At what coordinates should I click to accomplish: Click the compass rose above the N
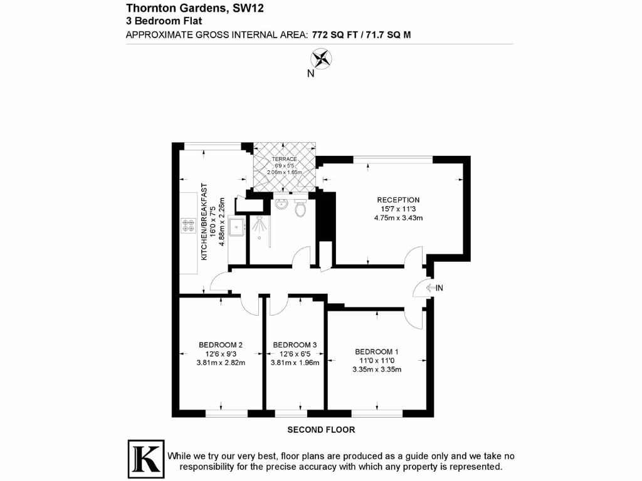[x=321, y=59]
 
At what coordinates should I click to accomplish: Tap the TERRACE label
[x=284, y=159]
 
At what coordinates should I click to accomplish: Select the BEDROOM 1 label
[x=376, y=351]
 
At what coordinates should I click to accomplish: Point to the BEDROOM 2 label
[x=221, y=344]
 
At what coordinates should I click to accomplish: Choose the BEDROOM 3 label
[x=295, y=344]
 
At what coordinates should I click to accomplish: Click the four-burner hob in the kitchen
[x=188, y=225]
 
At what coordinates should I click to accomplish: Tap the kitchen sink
[x=237, y=227]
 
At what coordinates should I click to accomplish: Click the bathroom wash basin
[x=281, y=203]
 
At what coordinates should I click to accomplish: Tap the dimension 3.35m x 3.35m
[x=376, y=370]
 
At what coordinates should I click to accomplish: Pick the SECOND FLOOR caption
[x=321, y=430]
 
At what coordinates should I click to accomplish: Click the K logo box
[x=145, y=459]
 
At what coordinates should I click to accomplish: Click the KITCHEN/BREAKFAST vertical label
[x=203, y=222]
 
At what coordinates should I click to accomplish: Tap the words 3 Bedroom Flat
[x=155, y=21]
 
